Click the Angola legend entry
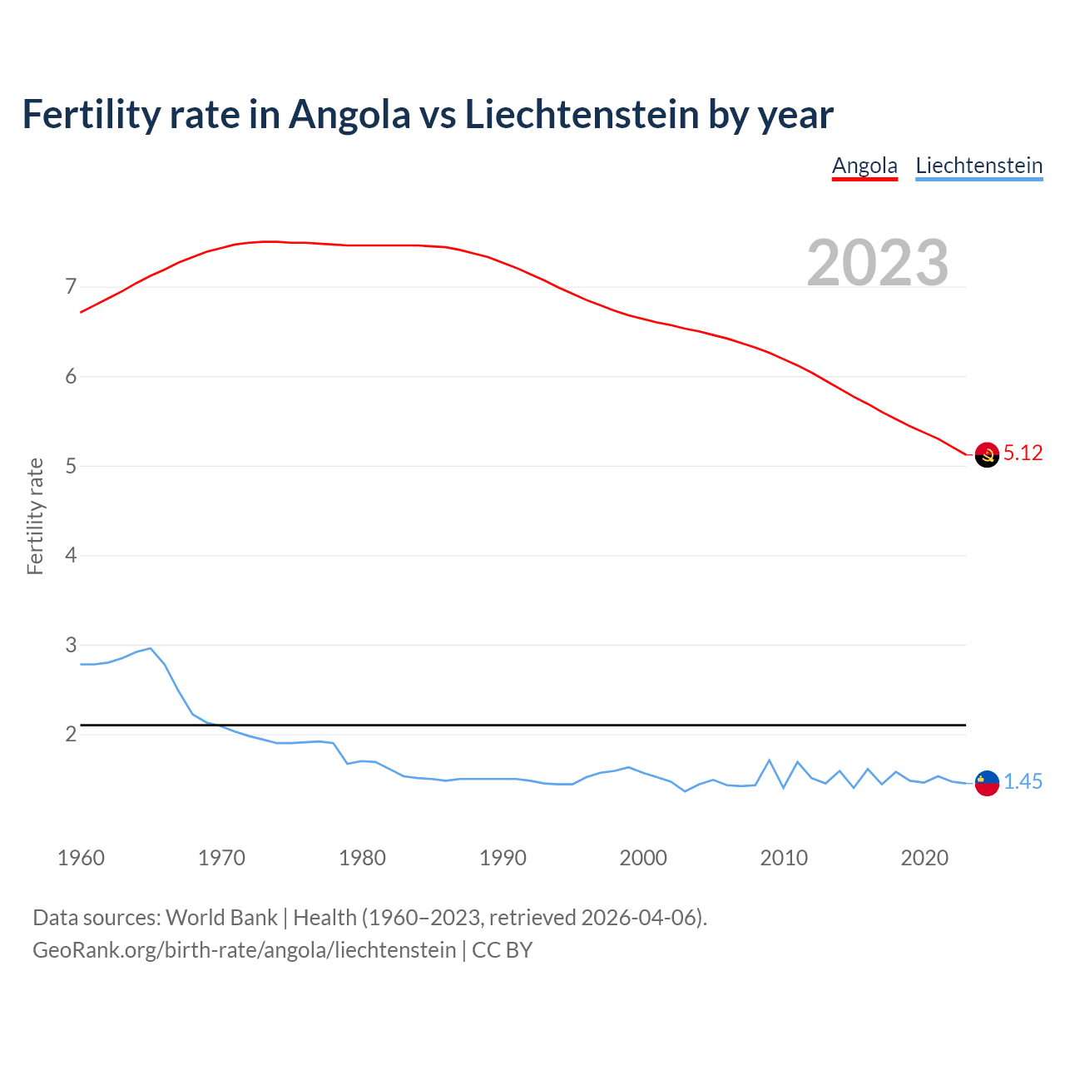coord(864,166)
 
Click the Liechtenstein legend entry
coord(978,166)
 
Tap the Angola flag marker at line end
coord(987,455)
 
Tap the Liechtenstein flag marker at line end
coord(987,783)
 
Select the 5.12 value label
coord(1023,453)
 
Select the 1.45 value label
coord(1023,781)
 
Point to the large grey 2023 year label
coord(878,263)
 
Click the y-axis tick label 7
coord(71,287)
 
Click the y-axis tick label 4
coord(71,555)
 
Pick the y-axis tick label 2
coord(71,734)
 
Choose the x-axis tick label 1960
coord(81,858)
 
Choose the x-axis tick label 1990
coord(503,858)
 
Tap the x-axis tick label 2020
coord(924,858)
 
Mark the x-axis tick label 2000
coord(643,858)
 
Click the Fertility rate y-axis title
coord(35,516)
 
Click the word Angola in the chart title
coord(349,114)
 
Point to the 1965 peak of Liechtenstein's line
coord(151,648)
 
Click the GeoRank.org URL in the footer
coord(244,949)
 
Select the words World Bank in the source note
coord(221,917)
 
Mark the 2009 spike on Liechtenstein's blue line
coord(770,760)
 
